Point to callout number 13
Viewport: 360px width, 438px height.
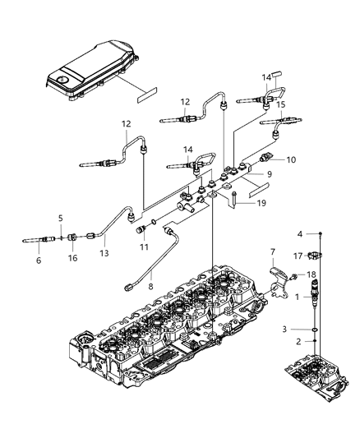[104, 253]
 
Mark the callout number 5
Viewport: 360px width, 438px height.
[60, 218]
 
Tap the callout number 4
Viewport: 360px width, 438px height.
[299, 235]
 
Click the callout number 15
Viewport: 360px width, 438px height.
[280, 105]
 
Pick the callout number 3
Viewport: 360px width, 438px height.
[300, 329]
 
